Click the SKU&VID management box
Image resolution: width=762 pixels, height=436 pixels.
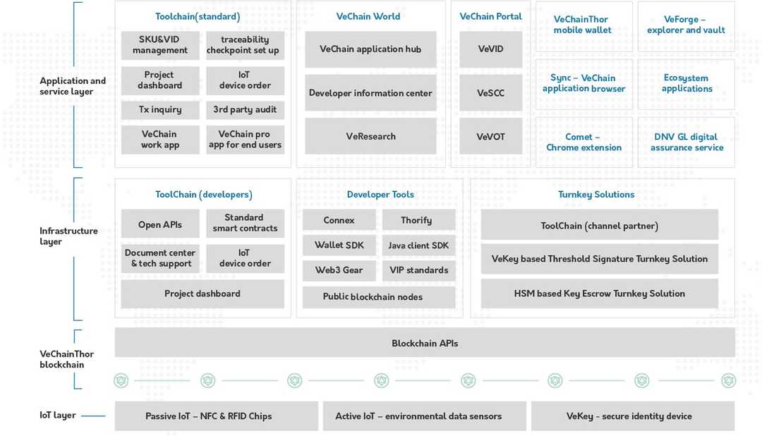(x=160, y=45)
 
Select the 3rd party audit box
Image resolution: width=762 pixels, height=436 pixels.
(x=245, y=110)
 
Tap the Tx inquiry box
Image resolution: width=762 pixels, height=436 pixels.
(x=160, y=110)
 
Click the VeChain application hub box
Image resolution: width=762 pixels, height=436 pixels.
(x=370, y=49)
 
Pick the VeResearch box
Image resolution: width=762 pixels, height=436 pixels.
(x=370, y=136)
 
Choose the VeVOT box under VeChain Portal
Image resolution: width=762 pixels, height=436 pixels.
(x=490, y=136)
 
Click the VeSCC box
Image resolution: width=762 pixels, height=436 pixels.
(x=490, y=93)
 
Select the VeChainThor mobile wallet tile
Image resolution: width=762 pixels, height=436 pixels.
(x=582, y=25)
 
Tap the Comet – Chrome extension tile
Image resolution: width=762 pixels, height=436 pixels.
(x=583, y=143)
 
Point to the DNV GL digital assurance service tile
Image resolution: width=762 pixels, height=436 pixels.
(x=687, y=143)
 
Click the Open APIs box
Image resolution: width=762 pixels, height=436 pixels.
(x=160, y=224)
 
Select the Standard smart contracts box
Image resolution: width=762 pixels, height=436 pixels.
(x=245, y=223)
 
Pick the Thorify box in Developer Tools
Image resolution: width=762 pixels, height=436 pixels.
(x=416, y=220)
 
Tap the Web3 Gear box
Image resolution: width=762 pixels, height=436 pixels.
(x=339, y=270)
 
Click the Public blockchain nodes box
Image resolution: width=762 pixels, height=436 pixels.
(x=373, y=297)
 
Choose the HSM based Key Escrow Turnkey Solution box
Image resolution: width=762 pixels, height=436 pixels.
(x=599, y=293)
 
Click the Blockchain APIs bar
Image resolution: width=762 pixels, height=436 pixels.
(x=425, y=343)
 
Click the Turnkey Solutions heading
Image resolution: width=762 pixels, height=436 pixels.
(x=596, y=195)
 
